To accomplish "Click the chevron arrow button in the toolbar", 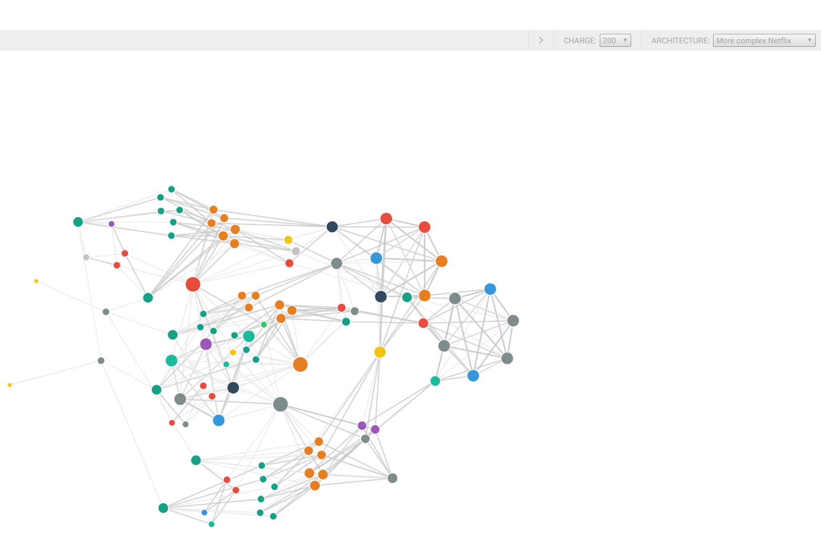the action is [x=541, y=40].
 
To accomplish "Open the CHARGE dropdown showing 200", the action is [x=615, y=40].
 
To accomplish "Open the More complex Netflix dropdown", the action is [x=763, y=40].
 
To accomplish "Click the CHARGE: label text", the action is [x=580, y=41].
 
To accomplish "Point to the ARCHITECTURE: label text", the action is [x=680, y=41].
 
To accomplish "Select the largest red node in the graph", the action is [x=193, y=284].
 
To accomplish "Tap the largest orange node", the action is [x=300, y=364].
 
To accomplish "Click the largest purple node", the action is [x=206, y=344].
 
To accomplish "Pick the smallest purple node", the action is [x=112, y=224].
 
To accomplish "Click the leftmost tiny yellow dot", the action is [x=9, y=385].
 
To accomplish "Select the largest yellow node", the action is [x=380, y=352].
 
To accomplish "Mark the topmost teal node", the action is [x=171, y=189].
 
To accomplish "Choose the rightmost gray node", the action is [x=513, y=320].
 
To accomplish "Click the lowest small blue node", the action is [x=204, y=512].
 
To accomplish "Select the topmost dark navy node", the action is [x=332, y=227].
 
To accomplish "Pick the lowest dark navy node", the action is [x=233, y=388].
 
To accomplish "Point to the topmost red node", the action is [x=386, y=218].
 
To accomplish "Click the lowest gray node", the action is [x=392, y=478].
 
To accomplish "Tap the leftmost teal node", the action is [x=78, y=222].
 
